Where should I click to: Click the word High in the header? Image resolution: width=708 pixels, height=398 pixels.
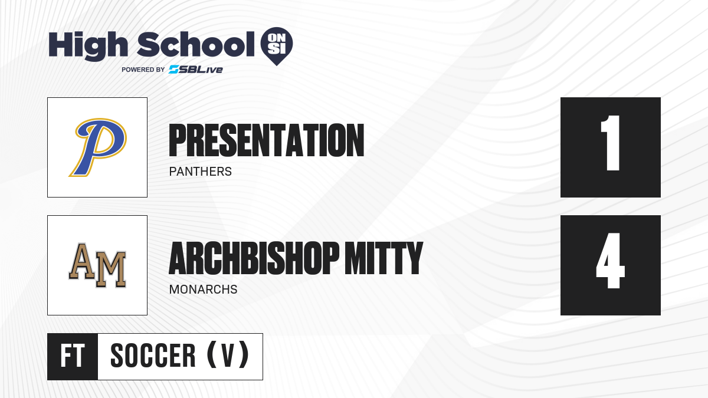point(88,45)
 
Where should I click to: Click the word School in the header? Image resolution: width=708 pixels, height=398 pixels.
point(196,44)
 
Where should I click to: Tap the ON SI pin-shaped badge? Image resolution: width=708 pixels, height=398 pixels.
point(277,46)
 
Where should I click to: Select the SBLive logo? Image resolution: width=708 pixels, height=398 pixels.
point(196,70)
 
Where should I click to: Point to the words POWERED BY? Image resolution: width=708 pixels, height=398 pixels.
point(143,70)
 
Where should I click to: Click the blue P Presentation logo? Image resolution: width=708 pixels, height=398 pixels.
point(98,147)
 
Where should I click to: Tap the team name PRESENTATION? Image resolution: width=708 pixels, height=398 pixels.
point(267,140)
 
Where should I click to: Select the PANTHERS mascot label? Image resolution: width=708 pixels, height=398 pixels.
point(201,172)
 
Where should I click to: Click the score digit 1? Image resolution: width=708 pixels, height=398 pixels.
point(610,143)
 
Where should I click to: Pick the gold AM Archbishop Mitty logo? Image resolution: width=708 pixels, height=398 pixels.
point(97,265)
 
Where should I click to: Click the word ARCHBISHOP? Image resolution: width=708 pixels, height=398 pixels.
point(254,258)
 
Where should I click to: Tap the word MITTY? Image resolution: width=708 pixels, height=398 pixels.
point(384,258)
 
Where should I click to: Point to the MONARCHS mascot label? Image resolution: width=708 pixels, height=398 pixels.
point(203,290)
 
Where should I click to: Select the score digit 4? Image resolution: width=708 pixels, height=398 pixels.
point(610,261)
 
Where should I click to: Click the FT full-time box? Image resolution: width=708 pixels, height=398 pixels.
point(73,357)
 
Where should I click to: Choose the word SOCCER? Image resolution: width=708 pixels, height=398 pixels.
point(153,356)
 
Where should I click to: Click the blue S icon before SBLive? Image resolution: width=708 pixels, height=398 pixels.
point(174,70)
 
